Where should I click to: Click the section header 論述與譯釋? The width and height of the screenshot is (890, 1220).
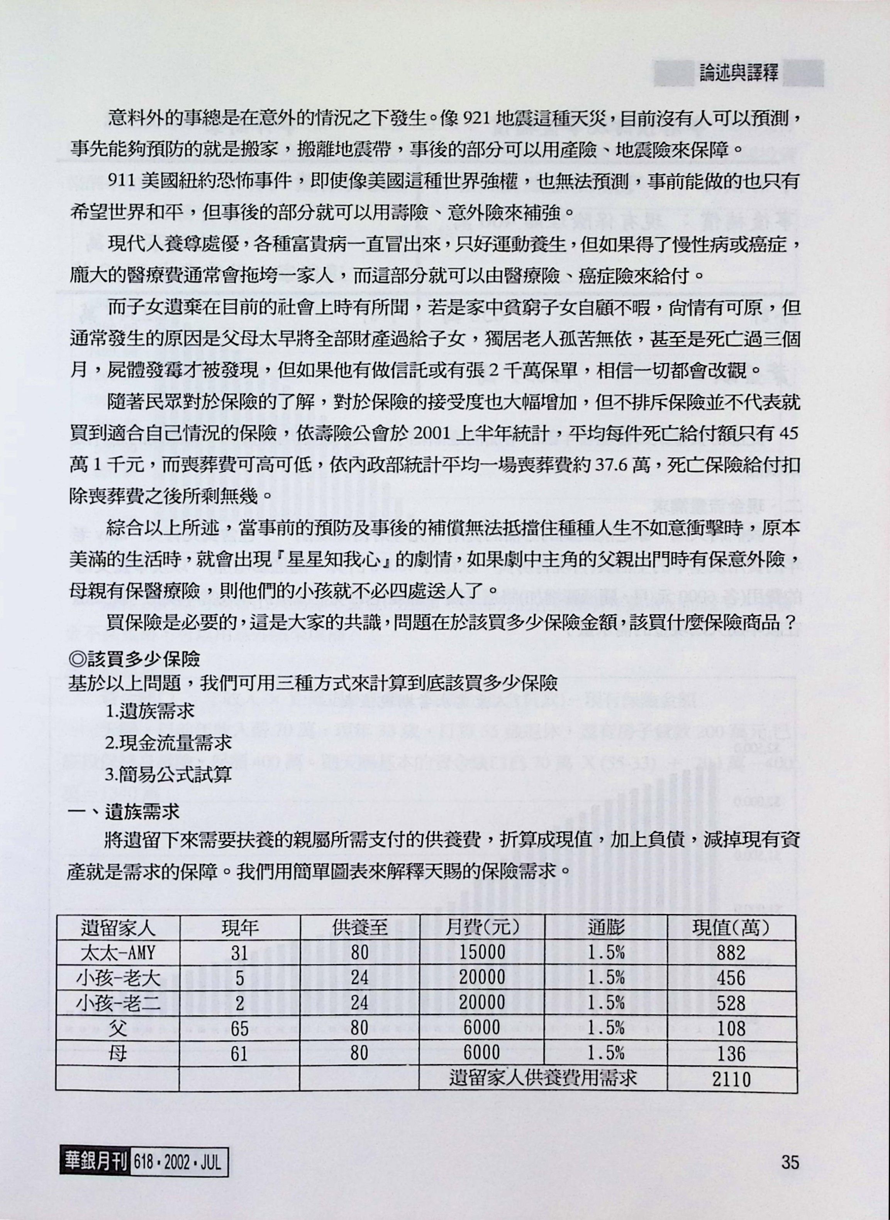pyautogui.click(x=739, y=73)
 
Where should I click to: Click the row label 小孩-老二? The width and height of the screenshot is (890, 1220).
pyautogui.click(x=117, y=1002)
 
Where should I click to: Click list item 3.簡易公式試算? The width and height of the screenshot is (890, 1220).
pyautogui.click(x=169, y=775)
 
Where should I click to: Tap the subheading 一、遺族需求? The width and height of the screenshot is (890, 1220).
pyautogui.click(x=124, y=812)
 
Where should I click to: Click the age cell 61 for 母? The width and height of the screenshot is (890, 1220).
pyautogui.click(x=239, y=1053)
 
